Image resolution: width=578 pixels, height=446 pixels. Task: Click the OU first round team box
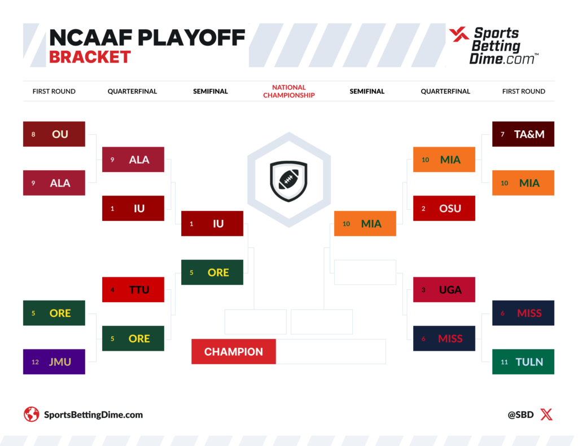click(54, 134)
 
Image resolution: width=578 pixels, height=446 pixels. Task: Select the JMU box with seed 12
click(54, 362)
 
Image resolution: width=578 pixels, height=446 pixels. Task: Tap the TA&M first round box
click(523, 134)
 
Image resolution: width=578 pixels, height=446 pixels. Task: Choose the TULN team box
click(523, 362)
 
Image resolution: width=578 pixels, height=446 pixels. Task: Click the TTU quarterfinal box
click(133, 290)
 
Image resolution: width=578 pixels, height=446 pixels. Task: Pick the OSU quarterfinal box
click(444, 208)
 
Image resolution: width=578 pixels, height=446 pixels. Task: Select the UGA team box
click(444, 290)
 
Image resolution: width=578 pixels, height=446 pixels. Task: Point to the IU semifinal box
click(212, 223)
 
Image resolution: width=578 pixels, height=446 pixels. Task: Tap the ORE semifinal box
click(212, 272)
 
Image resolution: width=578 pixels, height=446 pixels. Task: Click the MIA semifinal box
click(365, 223)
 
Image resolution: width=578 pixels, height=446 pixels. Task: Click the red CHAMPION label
click(234, 352)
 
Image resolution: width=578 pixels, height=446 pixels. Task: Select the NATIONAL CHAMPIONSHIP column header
click(288, 91)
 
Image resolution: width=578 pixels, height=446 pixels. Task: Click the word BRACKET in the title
click(90, 57)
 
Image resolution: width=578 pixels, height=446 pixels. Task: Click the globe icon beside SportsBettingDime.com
click(32, 414)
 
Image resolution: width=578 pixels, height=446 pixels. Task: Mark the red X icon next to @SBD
click(546, 414)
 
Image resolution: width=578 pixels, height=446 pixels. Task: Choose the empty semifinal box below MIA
click(365, 272)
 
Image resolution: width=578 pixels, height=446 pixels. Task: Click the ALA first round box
click(54, 183)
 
